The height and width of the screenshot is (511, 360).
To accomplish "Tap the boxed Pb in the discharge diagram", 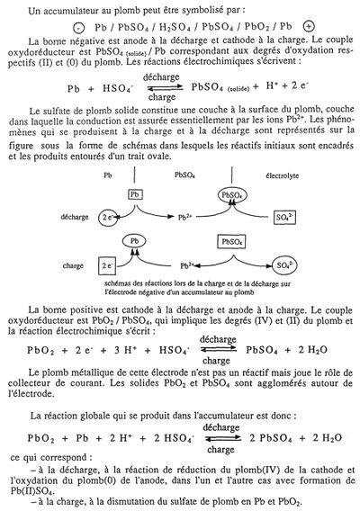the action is click(135, 194).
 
